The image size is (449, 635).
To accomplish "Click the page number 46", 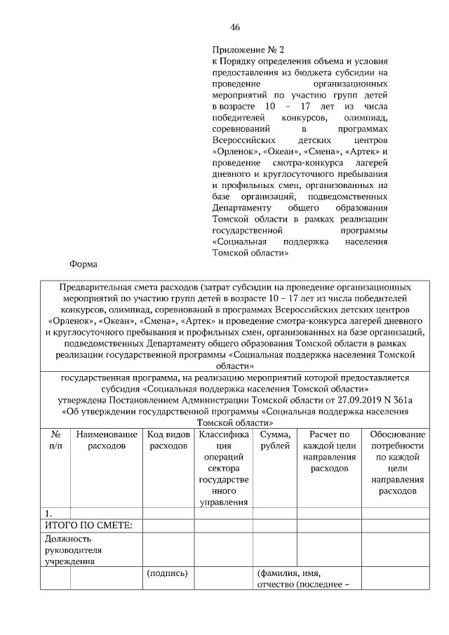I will [234, 27].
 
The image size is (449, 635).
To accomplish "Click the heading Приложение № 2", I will [249, 51].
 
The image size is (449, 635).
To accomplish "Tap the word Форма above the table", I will [83, 264].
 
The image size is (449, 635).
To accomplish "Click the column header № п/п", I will [55, 440].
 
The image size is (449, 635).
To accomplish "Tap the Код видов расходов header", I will [168, 440].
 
